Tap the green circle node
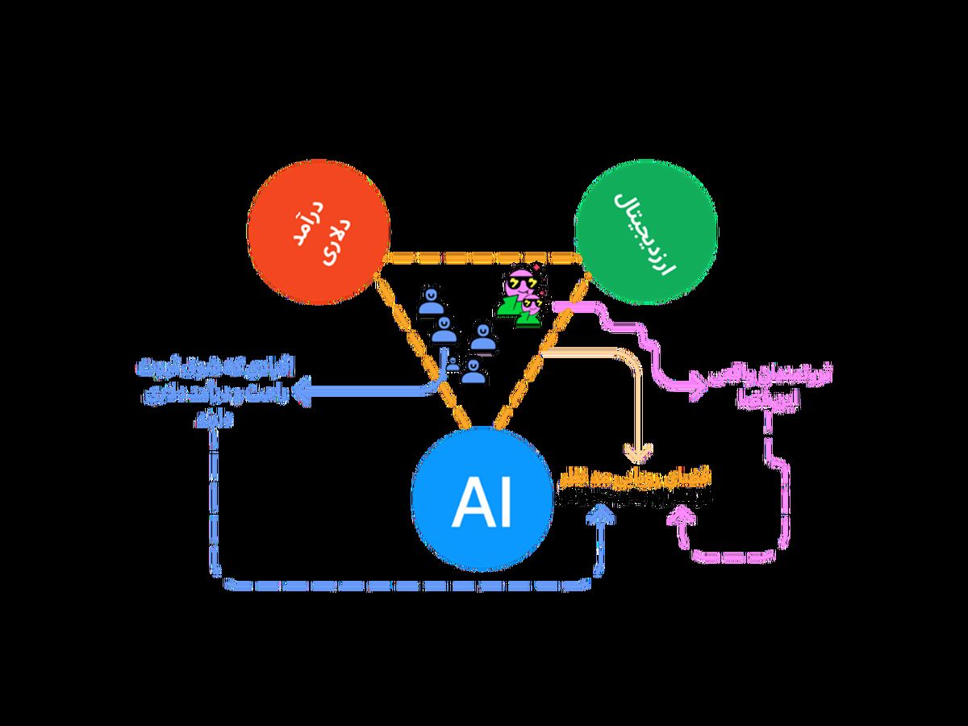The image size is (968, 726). tap(645, 234)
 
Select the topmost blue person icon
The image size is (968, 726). tap(431, 302)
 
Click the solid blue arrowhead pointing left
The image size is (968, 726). tap(303, 393)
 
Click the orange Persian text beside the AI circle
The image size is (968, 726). tap(633, 489)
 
